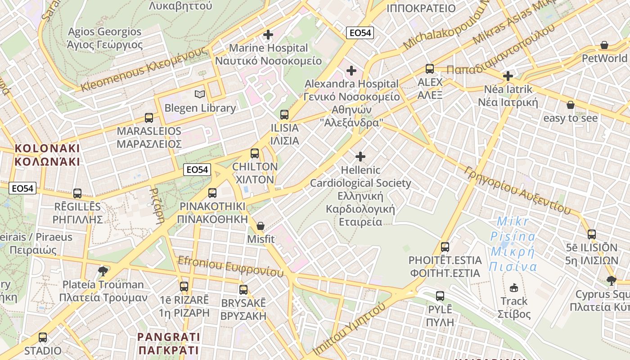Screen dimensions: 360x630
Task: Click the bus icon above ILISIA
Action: point(284,114)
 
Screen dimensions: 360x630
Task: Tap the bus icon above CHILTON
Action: point(255,153)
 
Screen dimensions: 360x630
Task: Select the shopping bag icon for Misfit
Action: point(261,225)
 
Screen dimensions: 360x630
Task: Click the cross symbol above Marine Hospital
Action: point(268,35)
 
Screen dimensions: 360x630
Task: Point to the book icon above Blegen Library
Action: point(200,94)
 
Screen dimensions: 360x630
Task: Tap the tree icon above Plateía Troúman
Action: point(103,271)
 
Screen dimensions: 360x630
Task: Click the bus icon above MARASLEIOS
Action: point(149,118)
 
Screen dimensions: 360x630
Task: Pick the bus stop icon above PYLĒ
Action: point(440,296)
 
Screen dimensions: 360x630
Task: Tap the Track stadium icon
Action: point(514,288)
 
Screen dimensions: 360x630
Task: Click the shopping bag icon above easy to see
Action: point(571,105)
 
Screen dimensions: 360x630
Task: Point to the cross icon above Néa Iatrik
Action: point(508,76)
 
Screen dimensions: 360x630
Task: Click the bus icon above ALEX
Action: point(430,69)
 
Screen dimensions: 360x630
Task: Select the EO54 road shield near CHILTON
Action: point(197,170)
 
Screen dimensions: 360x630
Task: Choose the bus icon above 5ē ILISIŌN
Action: point(592,234)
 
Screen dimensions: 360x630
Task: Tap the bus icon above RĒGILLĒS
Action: point(77,193)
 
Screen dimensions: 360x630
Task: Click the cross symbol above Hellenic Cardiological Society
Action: point(360,157)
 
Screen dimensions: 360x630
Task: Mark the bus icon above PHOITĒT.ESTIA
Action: point(445,247)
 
